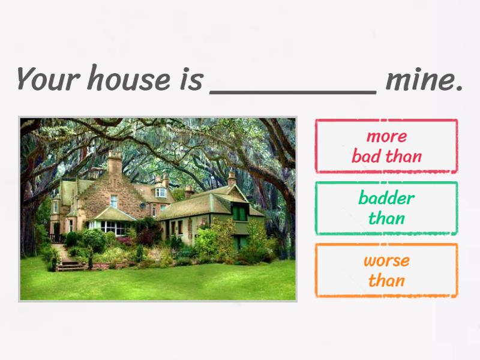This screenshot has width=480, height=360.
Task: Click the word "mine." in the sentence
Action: [x=424, y=79]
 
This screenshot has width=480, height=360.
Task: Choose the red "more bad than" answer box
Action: [x=386, y=146]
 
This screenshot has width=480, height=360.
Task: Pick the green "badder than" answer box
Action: [x=386, y=208]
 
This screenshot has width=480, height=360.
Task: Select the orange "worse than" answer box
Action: [x=386, y=270]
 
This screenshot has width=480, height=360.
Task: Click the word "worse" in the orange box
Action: [x=386, y=260]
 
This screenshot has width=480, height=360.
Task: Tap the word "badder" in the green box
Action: [x=386, y=198]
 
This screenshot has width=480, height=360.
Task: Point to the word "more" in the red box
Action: [x=386, y=136]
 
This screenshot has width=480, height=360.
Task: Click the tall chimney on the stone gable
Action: [x=115, y=163]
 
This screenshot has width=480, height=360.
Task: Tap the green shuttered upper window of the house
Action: [x=239, y=212]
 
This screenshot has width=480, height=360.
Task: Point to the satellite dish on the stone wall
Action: [x=143, y=206]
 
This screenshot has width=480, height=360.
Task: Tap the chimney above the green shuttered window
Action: [x=232, y=178]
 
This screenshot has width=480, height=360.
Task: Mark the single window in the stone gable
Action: [x=113, y=201]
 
